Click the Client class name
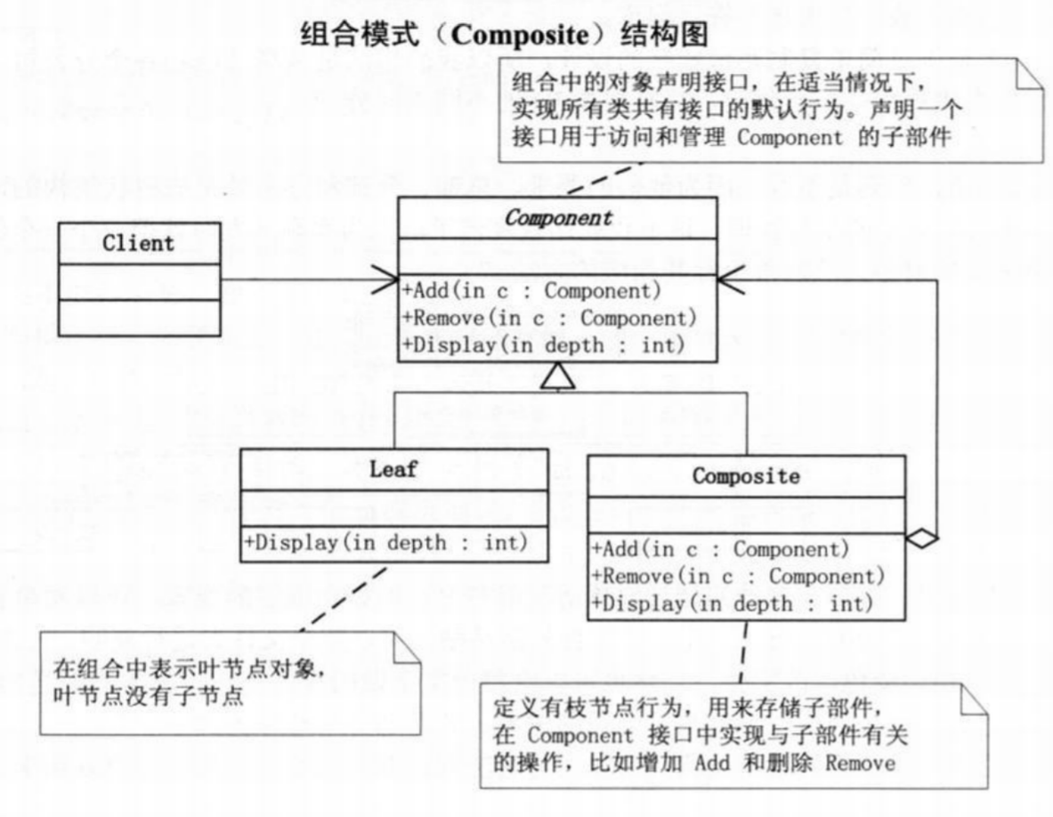tap(139, 243)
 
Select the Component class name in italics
tap(558, 218)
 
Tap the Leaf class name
tap(393, 469)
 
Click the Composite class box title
tap(746, 476)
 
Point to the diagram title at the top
tap(505, 35)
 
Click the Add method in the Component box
tap(531, 291)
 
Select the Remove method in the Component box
tap(549, 318)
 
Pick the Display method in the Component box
tap(544, 345)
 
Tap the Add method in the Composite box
tap(720, 549)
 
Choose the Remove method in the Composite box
tap(738, 576)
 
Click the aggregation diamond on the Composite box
tap(923, 538)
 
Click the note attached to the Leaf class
tap(230, 683)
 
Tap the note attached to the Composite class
tap(733, 735)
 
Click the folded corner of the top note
tap(1030, 75)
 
